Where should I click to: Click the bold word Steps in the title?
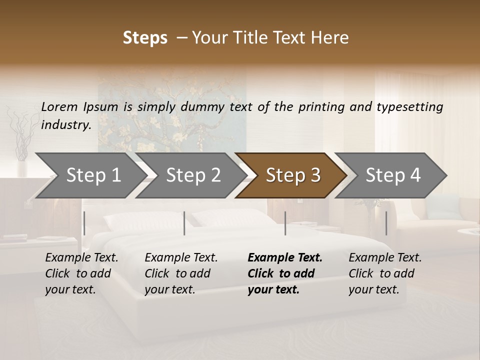[145, 38]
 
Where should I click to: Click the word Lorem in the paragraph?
[59, 106]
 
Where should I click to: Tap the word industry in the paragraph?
[65, 124]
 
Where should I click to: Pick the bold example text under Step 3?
[285, 273]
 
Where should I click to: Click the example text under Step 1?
[81, 273]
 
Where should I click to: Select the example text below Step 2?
[181, 273]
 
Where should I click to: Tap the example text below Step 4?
[385, 273]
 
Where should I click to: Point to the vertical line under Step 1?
[84, 223]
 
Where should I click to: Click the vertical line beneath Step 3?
[285, 223]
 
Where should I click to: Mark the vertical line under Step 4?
[386, 223]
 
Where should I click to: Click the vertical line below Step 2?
[184, 223]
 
